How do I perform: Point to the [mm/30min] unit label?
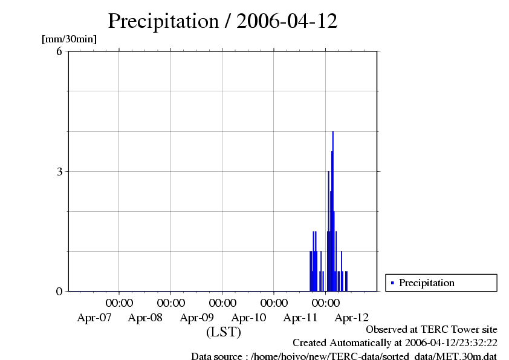69,39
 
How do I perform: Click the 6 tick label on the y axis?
59,51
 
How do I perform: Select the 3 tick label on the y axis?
59,171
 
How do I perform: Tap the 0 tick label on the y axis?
59,291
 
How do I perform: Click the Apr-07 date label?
94,317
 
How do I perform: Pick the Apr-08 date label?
146,317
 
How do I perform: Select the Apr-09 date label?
197,317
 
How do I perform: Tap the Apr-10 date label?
248,317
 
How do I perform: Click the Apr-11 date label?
300,317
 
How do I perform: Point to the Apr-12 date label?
352,317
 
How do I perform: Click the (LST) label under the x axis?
224,332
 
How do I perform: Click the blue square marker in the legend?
392,283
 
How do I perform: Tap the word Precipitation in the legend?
426,283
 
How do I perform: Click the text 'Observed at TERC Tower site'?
432,330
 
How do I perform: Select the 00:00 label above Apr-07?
119,303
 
